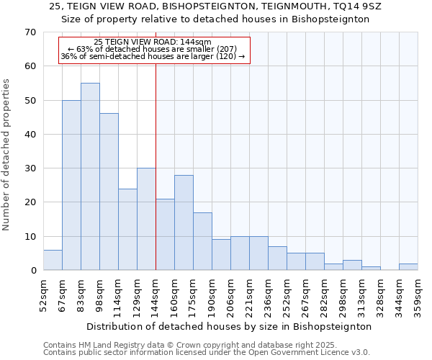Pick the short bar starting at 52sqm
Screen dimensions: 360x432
[x=53, y=260]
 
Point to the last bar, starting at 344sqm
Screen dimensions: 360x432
[x=408, y=267]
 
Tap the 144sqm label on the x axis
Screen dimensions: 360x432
[x=156, y=294]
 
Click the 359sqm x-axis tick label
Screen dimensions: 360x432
[x=418, y=294]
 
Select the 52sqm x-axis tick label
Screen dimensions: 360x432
[x=43, y=294]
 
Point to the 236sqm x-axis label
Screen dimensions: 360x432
[x=268, y=294]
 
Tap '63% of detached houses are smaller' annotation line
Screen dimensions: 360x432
[x=153, y=49]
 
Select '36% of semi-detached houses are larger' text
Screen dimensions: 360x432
[x=153, y=56]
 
